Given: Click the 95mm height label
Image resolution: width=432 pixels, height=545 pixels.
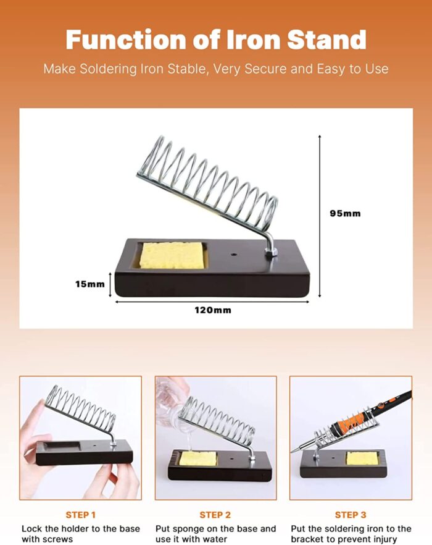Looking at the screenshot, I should (345, 213).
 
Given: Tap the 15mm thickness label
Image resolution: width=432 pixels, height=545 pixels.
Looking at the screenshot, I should (90, 284).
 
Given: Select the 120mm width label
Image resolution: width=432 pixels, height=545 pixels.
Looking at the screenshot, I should (214, 310).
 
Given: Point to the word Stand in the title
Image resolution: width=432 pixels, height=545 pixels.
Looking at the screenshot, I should (328, 40).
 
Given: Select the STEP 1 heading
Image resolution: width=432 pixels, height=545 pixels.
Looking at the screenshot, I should (81, 515).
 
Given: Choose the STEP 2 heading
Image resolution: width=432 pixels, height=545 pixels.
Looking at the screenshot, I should (215, 515).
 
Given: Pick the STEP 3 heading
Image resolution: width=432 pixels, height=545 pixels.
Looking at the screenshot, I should (351, 515).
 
